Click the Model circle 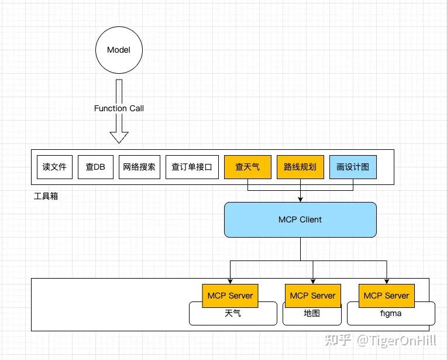119,50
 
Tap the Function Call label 119,108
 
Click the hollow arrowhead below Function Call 119,137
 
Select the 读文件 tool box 54,167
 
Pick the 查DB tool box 95,167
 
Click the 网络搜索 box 139,167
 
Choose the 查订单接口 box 192,167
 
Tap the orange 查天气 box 247,167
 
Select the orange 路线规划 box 300,167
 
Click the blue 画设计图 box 353,167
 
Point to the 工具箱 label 46,196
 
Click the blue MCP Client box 300,220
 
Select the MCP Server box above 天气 230,296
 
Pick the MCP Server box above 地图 312,296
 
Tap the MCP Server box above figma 386,296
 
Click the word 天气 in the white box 232,314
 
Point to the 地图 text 312,314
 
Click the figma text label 391,314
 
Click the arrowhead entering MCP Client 300,200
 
